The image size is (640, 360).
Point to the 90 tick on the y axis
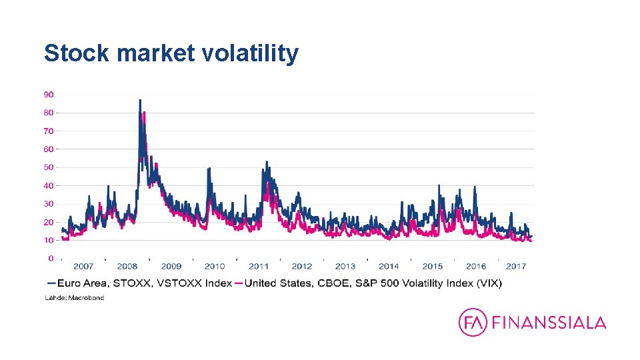pos(49,95)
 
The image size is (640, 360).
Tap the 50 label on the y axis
pos(49,167)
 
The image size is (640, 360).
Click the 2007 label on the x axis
pos(83,267)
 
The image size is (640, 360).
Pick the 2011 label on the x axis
pos(259,267)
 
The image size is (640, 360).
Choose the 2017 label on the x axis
pos(516,267)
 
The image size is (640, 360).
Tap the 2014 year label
pos(389,267)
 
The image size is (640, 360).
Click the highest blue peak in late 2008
pos(139,101)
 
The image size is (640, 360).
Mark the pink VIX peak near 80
pos(144,113)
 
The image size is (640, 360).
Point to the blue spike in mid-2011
pos(267,162)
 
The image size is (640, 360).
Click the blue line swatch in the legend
pos(51,283)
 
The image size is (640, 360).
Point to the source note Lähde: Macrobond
pos(74,298)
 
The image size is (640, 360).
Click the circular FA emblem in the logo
pos(473,323)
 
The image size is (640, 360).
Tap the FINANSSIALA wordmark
pos(549,323)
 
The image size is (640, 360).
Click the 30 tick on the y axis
pos(49,204)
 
